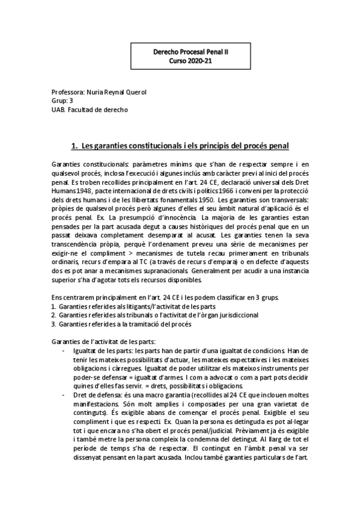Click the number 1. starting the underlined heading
75,146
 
